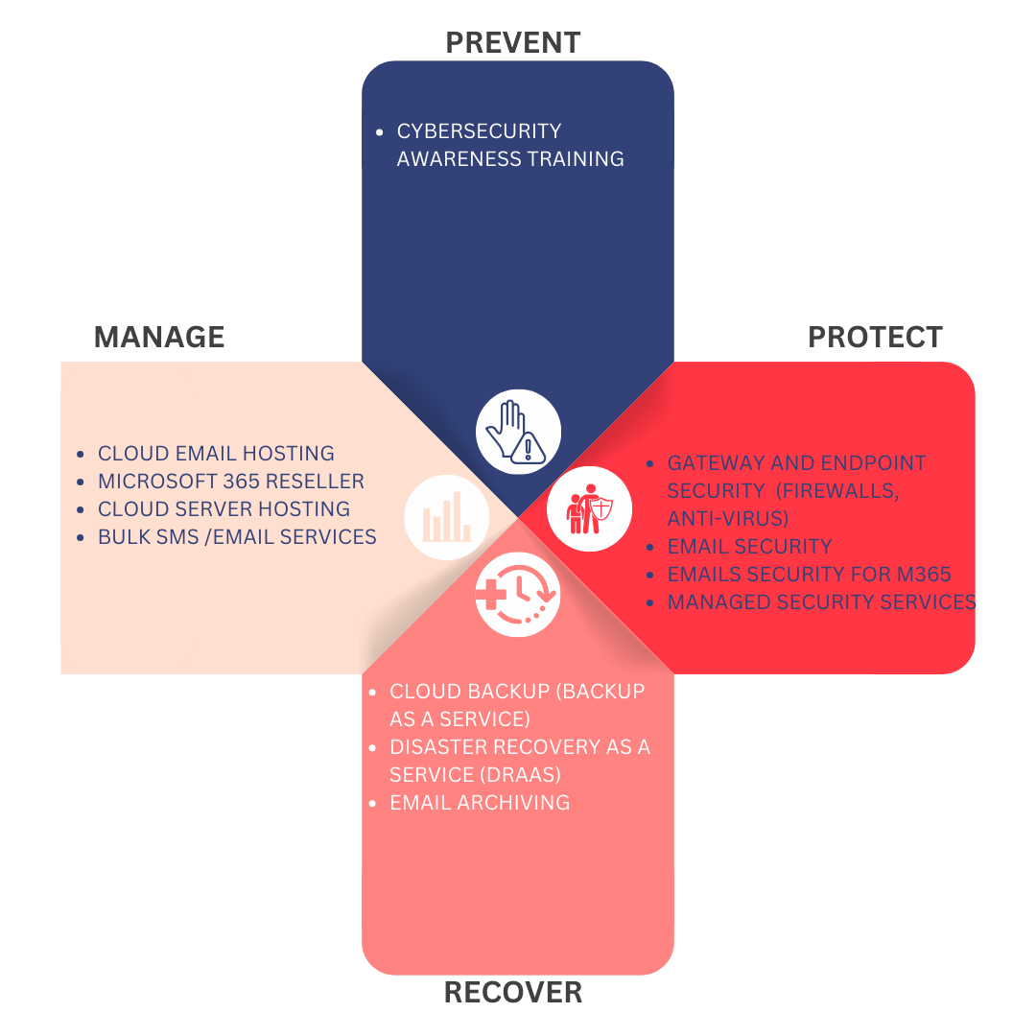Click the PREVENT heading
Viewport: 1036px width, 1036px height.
513,42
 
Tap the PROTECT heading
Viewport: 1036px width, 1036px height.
875,338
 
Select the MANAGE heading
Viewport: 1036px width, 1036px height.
159,338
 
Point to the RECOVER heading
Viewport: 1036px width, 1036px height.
513,993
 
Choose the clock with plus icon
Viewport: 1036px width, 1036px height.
518,595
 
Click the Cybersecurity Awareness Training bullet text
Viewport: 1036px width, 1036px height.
510,145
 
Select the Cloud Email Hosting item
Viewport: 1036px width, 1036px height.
216,454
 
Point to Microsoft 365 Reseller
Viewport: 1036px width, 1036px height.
231,482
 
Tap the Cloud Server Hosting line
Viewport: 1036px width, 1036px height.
224,509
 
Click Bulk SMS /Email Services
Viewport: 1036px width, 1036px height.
237,537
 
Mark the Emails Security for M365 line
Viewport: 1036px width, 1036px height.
809,575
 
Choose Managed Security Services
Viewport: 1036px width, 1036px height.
821,602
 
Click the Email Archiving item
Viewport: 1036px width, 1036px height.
480,803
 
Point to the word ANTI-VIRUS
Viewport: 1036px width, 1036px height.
726,519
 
